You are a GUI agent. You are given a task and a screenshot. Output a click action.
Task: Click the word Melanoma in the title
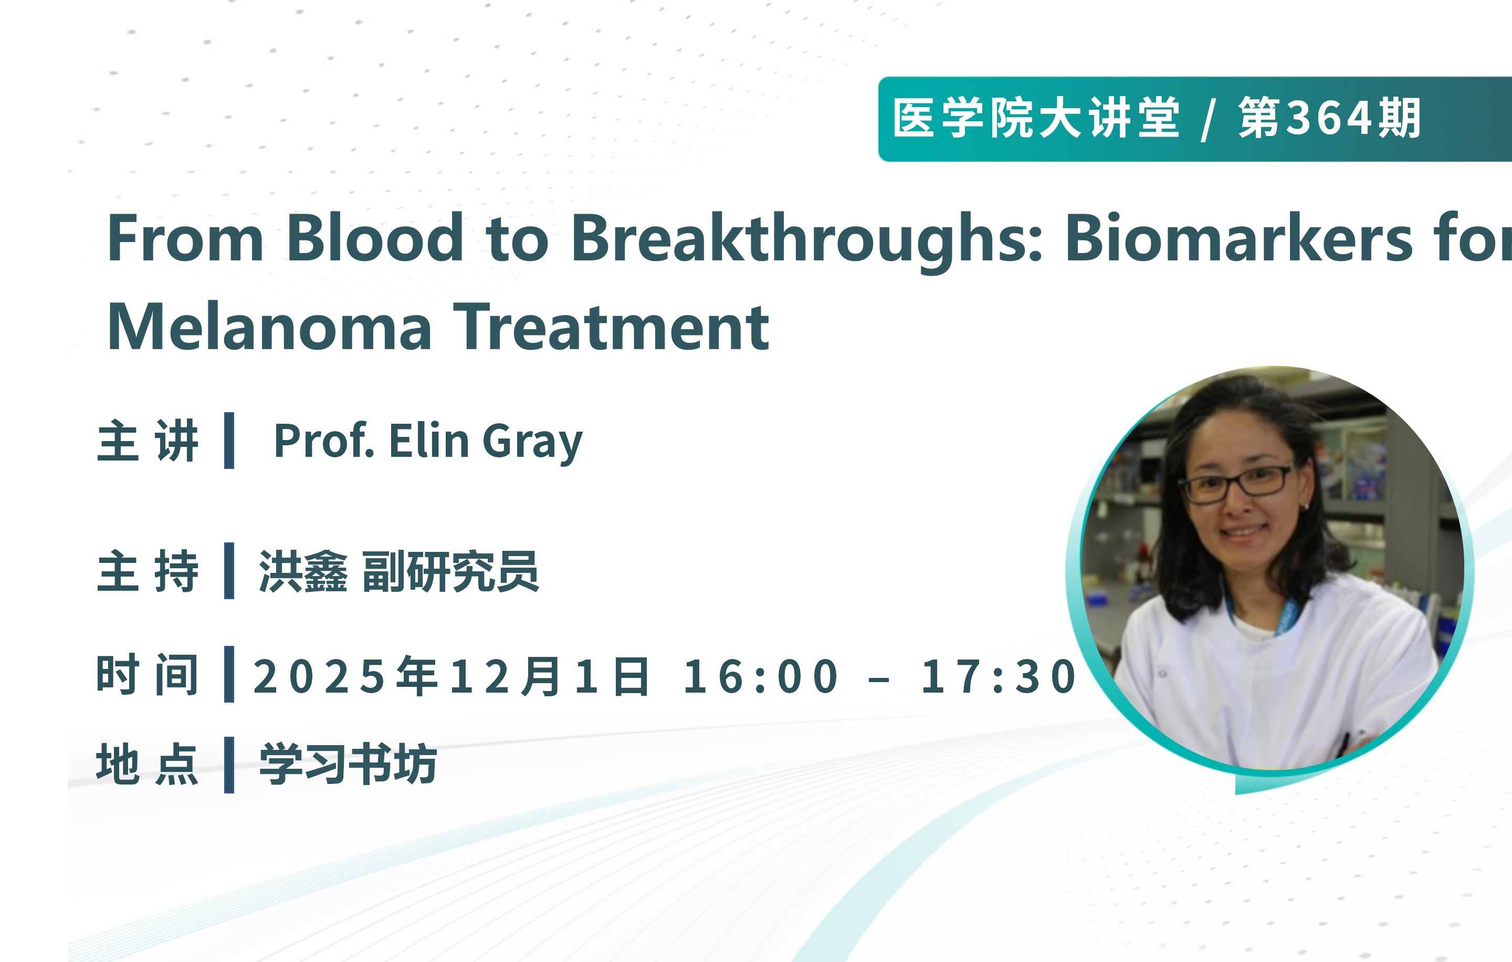click(x=269, y=327)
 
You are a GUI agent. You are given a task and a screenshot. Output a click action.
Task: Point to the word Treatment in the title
click(x=611, y=327)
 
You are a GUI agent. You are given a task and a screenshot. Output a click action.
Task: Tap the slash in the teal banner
click(x=1207, y=119)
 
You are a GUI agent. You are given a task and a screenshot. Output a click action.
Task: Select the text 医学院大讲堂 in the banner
click(x=1036, y=118)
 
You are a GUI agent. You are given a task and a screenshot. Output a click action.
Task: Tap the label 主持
click(x=148, y=571)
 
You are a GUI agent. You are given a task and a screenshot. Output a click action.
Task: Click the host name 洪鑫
click(x=303, y=571)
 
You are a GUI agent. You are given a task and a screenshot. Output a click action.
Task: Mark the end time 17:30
click(x=999, y=677)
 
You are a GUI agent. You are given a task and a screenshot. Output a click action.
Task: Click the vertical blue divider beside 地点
click(x=229, y=765)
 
